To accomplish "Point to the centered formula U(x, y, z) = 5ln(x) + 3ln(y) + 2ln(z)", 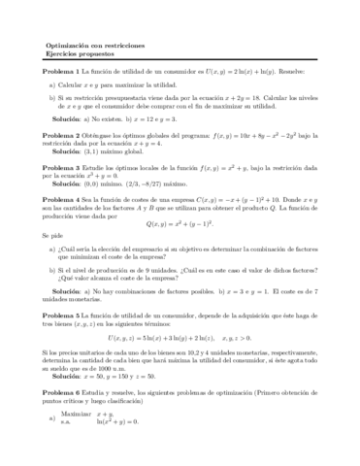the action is (x=180, y=336).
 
